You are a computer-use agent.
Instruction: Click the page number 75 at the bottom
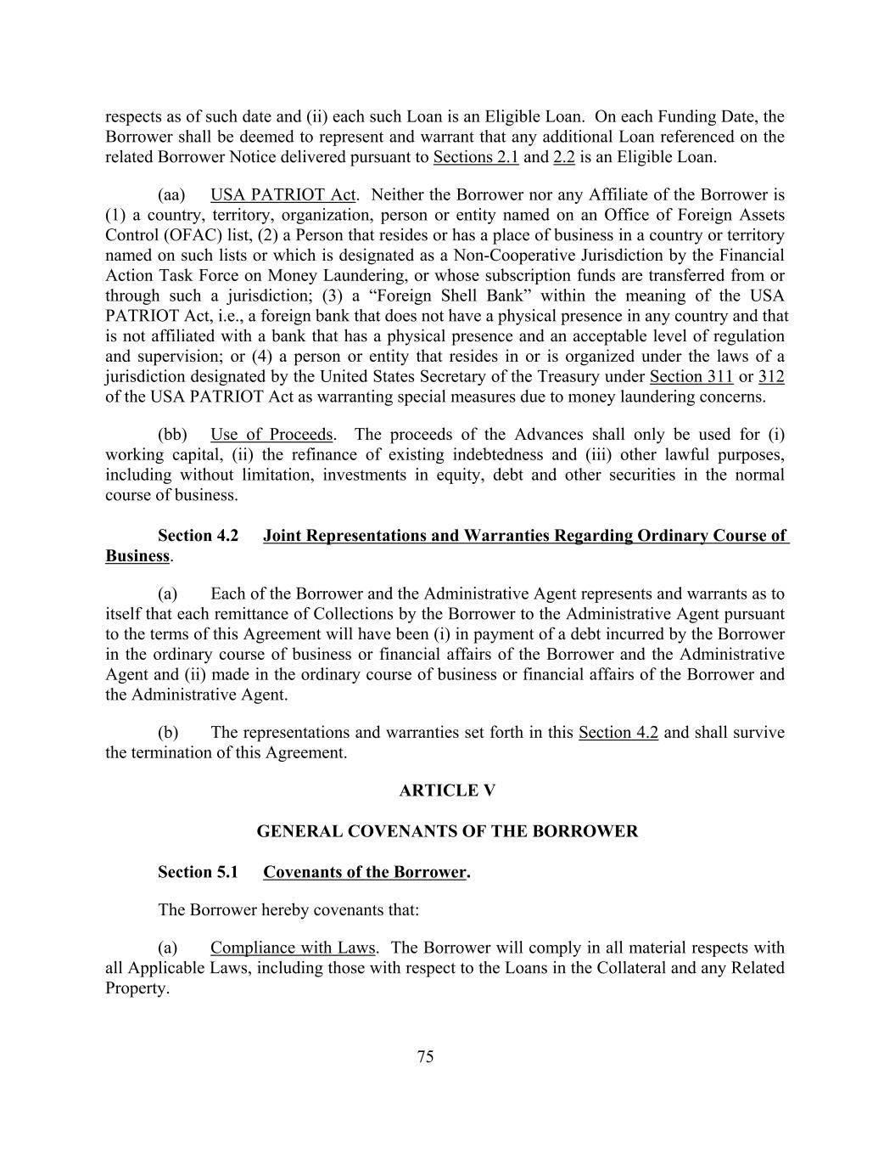click(x=426, y=1056)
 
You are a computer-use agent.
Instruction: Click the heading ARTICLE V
click(x=447, y=790)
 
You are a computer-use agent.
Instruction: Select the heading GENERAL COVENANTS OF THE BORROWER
click(x=447, y=831)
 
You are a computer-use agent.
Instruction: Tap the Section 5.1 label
click(x=198, y=872)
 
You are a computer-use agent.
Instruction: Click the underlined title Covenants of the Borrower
click(x=365, y=872)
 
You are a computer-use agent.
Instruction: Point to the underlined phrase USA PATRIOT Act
click(x=282, y=194)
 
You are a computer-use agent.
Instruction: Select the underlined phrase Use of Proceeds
click(x=271, y=435)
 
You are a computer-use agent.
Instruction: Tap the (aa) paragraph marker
click(x=172, y=194)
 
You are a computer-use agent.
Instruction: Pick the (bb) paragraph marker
click(x=172, y=435)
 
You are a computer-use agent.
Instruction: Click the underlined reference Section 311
click(x=691, y=376)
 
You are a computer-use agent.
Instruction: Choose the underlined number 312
click(x=771, y=376)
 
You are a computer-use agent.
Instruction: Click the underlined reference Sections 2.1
click(x=476, y=157)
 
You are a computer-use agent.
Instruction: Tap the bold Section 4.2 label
click(x=198, y=536)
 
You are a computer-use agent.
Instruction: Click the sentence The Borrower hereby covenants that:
click(x=288, y=910)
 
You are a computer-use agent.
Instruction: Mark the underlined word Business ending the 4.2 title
click(x=137, y=556)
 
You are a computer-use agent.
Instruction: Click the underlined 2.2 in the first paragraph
click(x=564, y=157)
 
